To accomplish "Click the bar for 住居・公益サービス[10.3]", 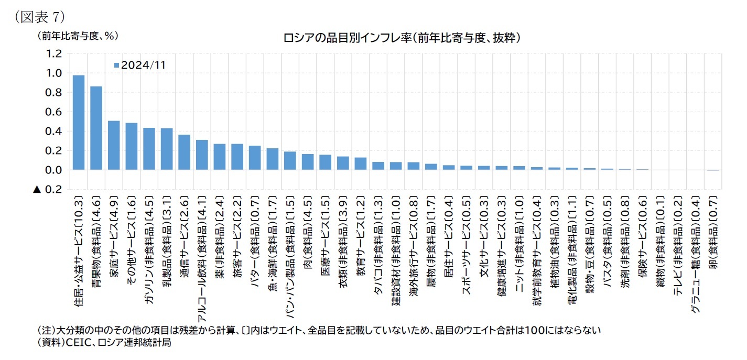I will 79,123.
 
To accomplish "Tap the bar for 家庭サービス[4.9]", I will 114,146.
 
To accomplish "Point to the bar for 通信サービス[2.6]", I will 184,152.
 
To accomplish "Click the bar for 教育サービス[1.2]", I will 361,163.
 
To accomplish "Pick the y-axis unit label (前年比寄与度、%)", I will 78,35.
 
